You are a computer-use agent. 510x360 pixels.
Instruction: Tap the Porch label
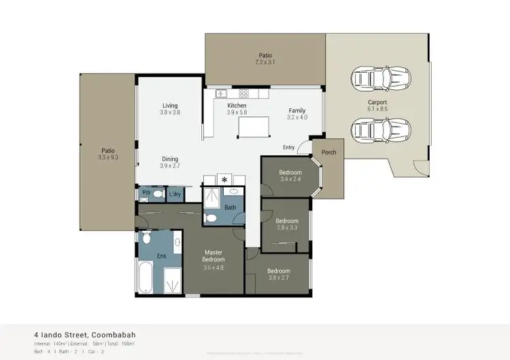click(328, 152)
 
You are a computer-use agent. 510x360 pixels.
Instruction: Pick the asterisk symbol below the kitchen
click(224, 180)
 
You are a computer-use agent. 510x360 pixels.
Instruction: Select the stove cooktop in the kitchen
click(243, 94)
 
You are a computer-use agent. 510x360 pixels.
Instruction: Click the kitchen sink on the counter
click(221, 94)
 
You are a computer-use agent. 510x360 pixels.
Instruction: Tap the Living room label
click(169, 110)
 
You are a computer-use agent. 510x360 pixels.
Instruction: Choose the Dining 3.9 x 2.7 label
click(169, 162)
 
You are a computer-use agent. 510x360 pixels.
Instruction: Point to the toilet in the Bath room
click(211, 218)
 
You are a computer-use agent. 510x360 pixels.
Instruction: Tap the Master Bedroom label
click(214, 259)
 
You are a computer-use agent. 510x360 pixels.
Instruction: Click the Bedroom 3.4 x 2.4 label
click(290, 176)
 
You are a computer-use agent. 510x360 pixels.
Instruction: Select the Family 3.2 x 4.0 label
click(297, 114)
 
